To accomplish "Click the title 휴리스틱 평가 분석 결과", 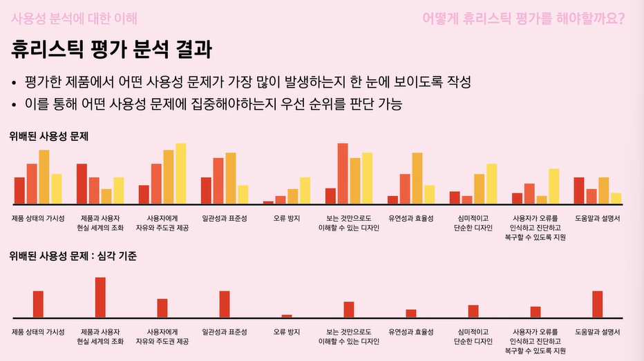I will [111, 50].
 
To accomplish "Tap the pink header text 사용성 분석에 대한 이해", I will [74, 17].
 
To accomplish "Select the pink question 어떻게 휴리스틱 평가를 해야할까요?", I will [524, 17].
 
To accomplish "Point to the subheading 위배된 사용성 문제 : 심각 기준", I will [73, 256].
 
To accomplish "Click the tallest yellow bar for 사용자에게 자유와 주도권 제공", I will [181, 173].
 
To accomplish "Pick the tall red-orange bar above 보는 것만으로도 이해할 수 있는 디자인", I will [342, 173].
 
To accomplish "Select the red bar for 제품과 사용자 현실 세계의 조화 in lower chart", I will [100, 297].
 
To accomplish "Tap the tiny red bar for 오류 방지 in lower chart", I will [287, 315].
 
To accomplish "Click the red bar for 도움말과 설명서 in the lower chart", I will [598, 304].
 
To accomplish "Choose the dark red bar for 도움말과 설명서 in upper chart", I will [579, 191].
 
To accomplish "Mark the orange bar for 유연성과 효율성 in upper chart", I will [417, 178].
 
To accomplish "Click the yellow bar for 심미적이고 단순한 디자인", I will [492, 184].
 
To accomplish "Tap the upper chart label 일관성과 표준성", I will [225, 218].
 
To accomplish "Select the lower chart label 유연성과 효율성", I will [411, 332].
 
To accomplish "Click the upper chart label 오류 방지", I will [287, 218].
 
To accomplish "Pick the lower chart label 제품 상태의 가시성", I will [38, 332].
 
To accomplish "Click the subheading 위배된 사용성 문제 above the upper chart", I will [49, 137].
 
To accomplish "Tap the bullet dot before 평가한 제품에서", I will [14, 83].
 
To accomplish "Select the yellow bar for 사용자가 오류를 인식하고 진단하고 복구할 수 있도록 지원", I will [554, 186].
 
